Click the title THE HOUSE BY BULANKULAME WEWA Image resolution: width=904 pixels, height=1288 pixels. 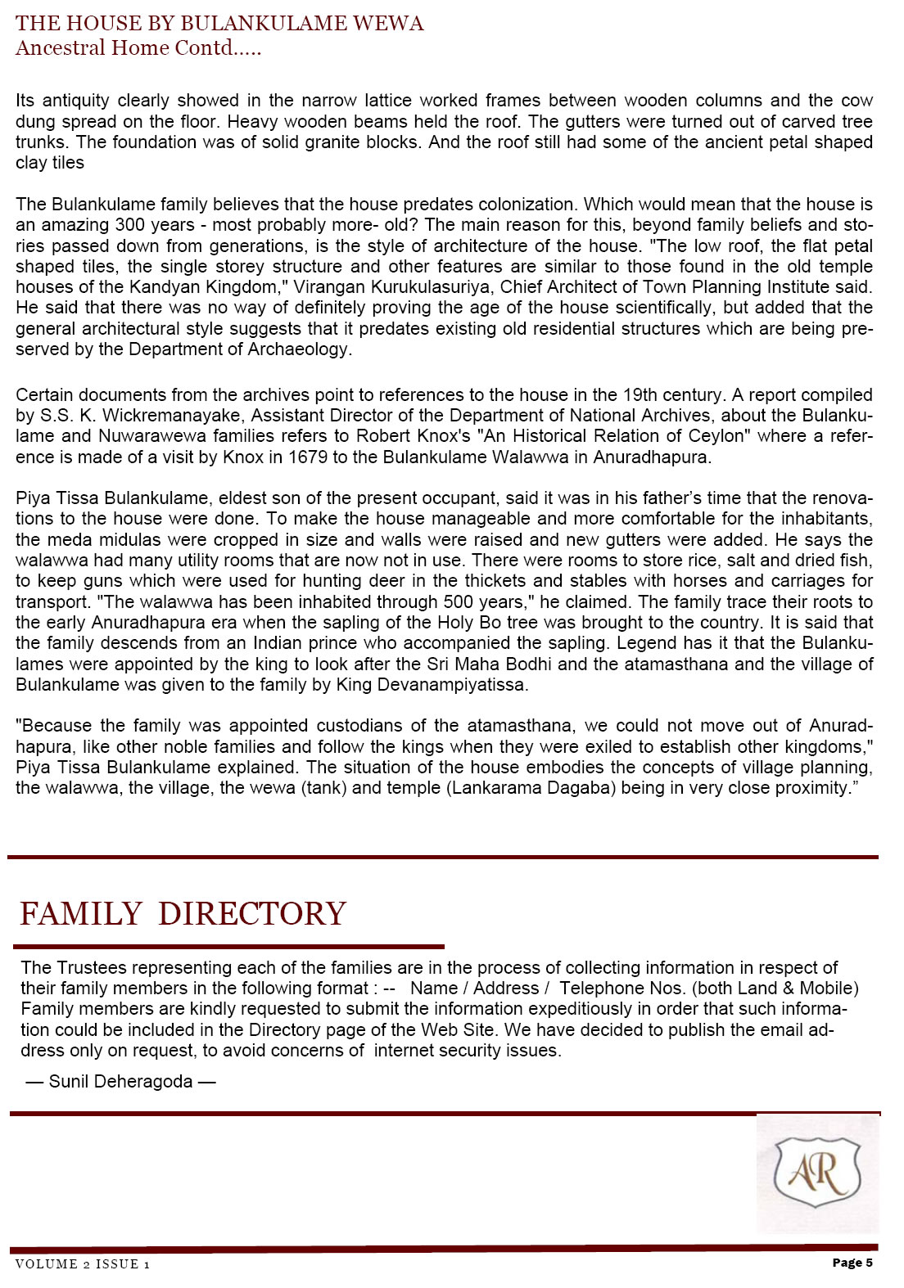pos(219,23)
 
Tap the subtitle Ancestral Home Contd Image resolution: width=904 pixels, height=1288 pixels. pos(138,47)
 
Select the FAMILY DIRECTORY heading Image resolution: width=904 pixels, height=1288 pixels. pos(183,913)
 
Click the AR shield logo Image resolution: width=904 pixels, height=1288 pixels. pos(817,1173)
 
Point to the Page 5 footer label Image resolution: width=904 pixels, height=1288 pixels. pos(852,1263)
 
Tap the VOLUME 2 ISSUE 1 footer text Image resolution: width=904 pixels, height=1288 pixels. pos(82,1264)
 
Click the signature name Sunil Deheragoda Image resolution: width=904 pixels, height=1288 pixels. pos(120,1082)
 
